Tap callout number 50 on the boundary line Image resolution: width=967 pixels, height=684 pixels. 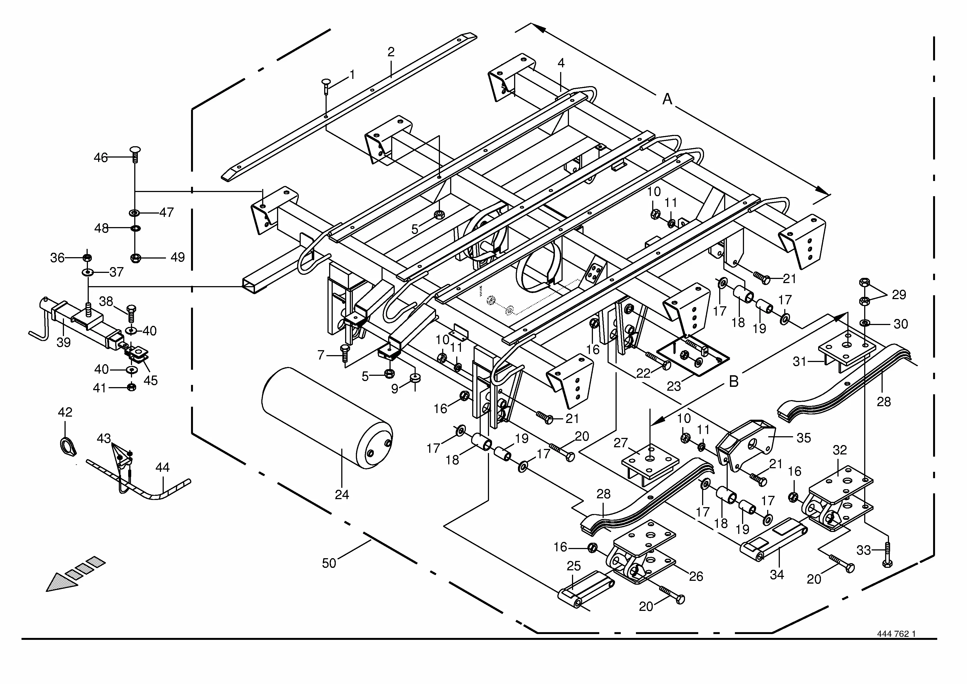tap(329, 563)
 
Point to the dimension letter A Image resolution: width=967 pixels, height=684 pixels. tap(667, 99)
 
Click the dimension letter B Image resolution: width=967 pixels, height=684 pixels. tap(734, 382)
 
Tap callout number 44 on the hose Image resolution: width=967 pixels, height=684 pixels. tap(163, 467)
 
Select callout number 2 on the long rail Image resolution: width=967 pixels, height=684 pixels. tap(391, 52)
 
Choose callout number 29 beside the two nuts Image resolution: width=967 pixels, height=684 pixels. tap(898, 295)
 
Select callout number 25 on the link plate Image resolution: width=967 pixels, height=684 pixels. tap(574, 566)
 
